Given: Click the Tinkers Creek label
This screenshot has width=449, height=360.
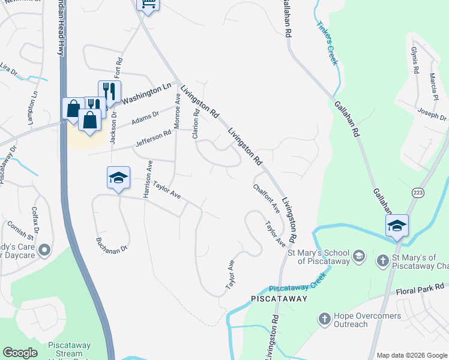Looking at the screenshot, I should [x=328, y=34].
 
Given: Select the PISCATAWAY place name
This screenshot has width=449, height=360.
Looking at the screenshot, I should [x=279, y=299].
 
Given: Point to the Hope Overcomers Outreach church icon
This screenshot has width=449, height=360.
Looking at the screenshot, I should [x=324, y=319].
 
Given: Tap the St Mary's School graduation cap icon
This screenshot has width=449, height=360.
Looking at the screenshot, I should [x=358, y=256].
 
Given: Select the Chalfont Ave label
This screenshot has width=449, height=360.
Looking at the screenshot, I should [x=267, y=199].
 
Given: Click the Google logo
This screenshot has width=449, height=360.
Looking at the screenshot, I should [x=20, y=353].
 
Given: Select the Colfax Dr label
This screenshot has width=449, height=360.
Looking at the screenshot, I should [x=35, y=219].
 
